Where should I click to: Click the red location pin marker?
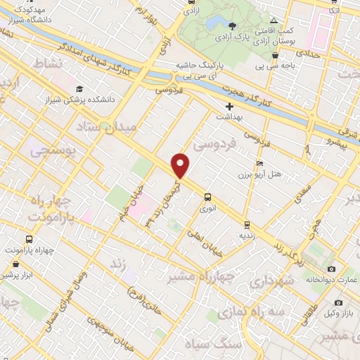pos(181,165)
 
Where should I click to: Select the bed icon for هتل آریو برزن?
pos(260,164)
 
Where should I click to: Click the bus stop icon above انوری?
pos(207,197)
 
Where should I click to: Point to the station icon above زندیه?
pos(246,224)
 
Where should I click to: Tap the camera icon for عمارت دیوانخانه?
pos(332,269)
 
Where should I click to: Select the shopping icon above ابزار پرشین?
pos(16,265)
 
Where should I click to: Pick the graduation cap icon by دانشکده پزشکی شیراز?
pos(79,89)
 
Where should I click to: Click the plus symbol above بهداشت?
pos(229,105)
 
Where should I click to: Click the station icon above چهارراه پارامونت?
pos(30,239)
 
